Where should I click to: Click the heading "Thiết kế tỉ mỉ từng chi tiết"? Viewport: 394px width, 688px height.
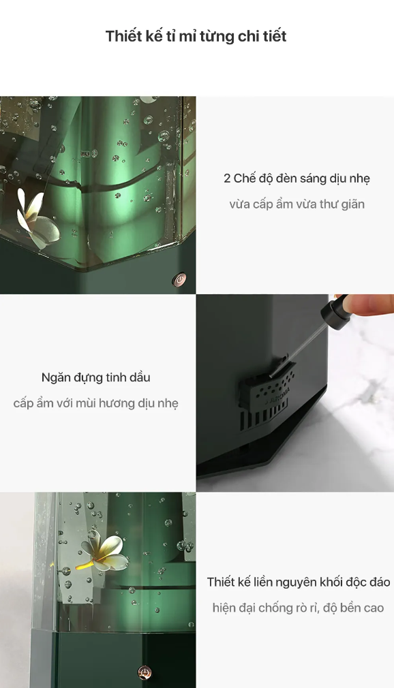[x=196, y=36]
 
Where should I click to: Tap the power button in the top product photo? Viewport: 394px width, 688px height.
[x=179, y=279]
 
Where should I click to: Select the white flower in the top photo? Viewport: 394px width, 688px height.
[x=37, y=217]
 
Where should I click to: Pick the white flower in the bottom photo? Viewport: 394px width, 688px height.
[x=104, y=554]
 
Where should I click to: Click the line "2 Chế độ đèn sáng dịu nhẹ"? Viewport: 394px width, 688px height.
[x=297, y=178]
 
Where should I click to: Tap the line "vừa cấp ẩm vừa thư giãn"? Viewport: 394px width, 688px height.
[x=297, y=204]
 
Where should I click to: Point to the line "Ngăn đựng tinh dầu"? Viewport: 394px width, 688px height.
[x=95, y=377]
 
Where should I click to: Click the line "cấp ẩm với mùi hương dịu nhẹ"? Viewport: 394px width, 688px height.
[x=95, y=403]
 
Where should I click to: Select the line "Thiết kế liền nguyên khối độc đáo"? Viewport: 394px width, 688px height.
[x=299, y=582]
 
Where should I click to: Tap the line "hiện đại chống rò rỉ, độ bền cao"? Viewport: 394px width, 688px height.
[x=298, y=608]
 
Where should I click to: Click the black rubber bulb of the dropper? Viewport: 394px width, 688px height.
[x=335, y=313]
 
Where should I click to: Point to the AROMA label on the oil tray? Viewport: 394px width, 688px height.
[x=277, y=394]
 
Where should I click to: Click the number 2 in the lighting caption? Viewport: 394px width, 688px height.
[x=226, y=179]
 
